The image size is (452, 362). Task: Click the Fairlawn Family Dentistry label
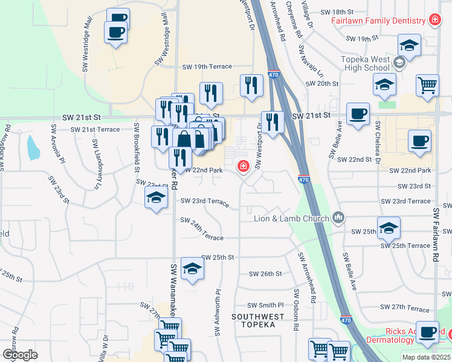pyautogui.click(x=378, y=21)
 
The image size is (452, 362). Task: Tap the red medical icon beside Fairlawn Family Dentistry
pyautogui.click(x=434, y=21)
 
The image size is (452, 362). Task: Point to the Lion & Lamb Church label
pyautogui.click(x=291, y=218)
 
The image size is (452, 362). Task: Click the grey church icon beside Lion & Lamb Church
pyautogui.click(x=338, y=217)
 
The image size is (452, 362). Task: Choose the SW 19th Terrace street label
pyautogui.click(x=207, y=67)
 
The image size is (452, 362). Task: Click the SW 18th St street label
pyautogui.click(x=336, y=12)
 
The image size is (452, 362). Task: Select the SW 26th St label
pyautogui.click(x=265, y=273)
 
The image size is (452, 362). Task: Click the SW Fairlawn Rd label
pyautogui.click(x=436, y=235)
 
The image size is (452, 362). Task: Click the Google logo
pyautogui.click(x=20, y=355)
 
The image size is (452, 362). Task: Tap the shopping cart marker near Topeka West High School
pyautogui.click(x=427, y=85)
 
